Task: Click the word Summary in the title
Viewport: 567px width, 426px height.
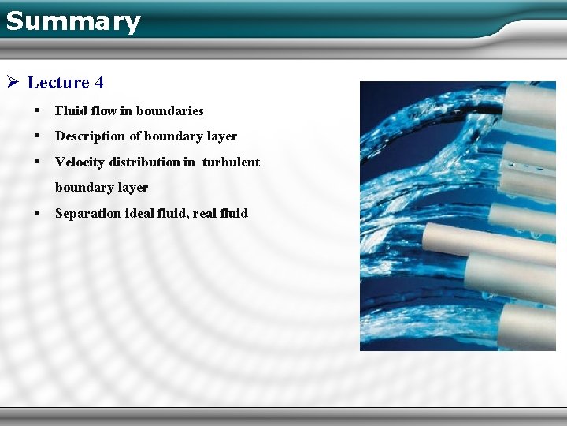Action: [72, 21]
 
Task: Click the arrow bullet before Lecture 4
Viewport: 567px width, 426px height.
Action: [12, 82]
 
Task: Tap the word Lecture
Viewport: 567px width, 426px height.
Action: [58, 82]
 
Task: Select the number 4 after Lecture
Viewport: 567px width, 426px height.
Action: [98, 82]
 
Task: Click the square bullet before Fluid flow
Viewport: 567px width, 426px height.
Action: [37, 110]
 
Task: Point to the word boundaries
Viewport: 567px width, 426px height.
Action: [169, 110]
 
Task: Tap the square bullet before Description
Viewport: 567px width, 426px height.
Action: [37, 136]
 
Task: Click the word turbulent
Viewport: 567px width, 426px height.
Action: [231, 162]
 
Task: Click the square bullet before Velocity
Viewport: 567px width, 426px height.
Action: [37, 162]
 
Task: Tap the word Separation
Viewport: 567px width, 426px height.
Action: [88, 213]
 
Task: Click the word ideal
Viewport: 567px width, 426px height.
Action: [139, 213]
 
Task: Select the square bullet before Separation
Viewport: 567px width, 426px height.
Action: [37, 213]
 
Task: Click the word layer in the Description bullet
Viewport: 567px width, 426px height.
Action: [221, 136]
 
